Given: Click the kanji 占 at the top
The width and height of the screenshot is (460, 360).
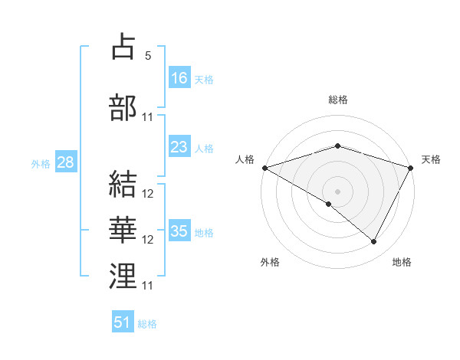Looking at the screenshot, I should click(x=123, y=47).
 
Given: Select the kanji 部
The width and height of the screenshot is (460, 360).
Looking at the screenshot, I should click(x=123, y=108).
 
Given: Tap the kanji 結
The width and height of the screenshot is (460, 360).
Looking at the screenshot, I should click(x=123, y=185).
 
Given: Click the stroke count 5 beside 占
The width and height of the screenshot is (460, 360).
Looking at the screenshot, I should click(x=148, y=56).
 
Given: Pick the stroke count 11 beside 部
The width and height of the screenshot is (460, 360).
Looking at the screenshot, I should click(x=148, y=117).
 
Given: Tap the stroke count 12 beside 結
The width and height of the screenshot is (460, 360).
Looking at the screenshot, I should click(x=148, y=194).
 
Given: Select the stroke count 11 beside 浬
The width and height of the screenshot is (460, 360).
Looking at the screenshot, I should click(x=148, y=286).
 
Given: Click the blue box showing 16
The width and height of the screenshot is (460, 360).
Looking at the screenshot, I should click(x=179, y=78).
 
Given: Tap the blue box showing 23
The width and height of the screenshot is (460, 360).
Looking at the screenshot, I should click(x=179, y=147).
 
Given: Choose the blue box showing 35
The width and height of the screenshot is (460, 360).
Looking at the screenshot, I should click(x=179, y=231).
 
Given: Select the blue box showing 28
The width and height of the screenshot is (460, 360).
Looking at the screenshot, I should click(x=64, y=162).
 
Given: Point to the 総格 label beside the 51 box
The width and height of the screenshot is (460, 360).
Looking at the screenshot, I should click(x=148, y=324).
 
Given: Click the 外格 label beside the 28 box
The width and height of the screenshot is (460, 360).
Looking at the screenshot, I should click(x=41, y=164).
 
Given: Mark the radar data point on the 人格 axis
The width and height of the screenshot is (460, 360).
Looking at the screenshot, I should click(x=264, y=168).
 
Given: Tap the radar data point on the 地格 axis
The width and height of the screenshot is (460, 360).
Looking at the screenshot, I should click(x=374, y=242).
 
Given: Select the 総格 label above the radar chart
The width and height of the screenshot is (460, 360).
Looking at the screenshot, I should click(x=338, y=100).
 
